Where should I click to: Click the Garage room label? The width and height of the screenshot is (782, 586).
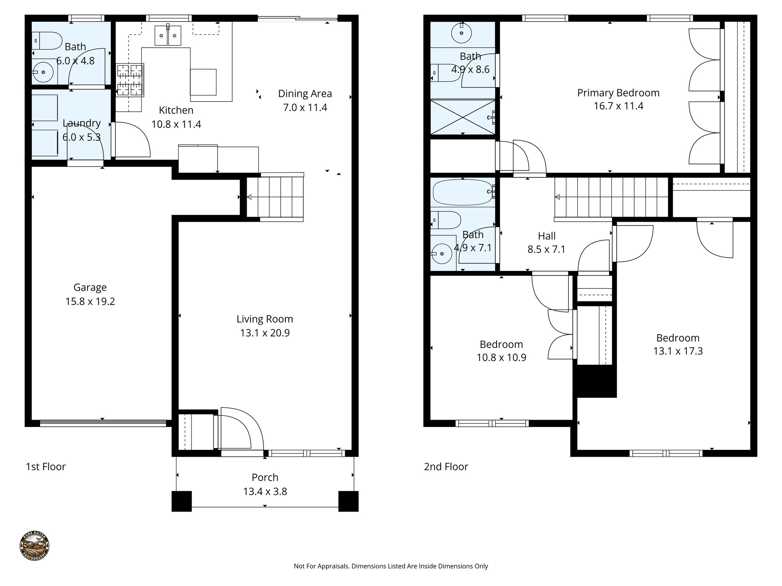click(x=90, y=287)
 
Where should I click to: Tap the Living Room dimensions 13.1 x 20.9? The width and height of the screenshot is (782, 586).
click(x=265, y=333)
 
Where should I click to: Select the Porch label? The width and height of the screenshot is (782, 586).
click(x=265, y=477)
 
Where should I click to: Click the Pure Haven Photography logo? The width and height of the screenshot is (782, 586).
click(x=34, y=546)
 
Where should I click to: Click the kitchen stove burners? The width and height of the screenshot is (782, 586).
click(x=130, y=80)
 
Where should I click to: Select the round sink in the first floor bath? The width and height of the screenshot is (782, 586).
click(x=43, y=72)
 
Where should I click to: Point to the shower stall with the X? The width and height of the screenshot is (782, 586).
click(x=462, y=117)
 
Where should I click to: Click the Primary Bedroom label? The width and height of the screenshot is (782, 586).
click(x=618, y=93)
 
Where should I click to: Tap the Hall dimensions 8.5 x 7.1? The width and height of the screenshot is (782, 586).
click(x=546, y=250)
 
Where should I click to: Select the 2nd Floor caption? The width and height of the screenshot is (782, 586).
click(x=446, y=467)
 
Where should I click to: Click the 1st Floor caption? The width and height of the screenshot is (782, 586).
click(x=45, y=467)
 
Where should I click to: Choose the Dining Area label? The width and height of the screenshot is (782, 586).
click(x=305, y=93)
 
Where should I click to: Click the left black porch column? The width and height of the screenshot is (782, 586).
click(x=181, y=501)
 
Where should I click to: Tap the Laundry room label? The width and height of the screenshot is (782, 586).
click(x=82, y=123)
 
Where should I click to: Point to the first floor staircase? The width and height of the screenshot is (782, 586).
click(x=275, y=197)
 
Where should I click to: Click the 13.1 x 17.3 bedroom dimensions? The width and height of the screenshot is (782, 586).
click(x=678, y=351)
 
